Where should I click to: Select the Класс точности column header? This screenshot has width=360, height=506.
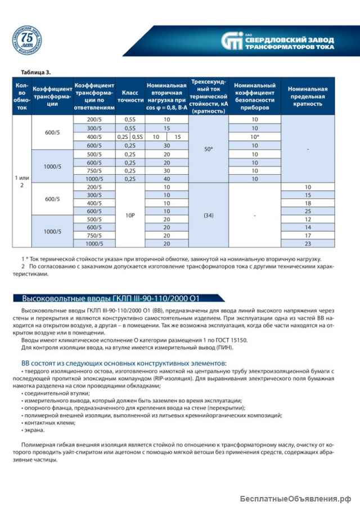coord(130,96)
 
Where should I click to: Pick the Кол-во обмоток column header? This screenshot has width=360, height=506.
coord(22,96)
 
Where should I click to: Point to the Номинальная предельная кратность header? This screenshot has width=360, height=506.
coord(307,96)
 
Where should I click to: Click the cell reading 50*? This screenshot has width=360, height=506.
coord(209,149)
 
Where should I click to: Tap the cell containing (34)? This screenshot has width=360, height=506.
coord(209,215)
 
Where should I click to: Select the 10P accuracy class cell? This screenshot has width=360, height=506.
coord(130,215)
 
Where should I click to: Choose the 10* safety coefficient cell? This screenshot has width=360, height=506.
coord(255,137)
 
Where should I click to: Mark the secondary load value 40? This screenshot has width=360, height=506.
coord(166,179)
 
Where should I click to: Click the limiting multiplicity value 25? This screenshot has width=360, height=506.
coord(307,211)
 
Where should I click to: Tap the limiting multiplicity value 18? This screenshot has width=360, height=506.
coord(307,202)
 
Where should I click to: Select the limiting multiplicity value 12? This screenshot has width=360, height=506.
coord(307,219)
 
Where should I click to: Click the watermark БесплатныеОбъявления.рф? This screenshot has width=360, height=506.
coord(294,498)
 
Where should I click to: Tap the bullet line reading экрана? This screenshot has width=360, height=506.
coord(35,430)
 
